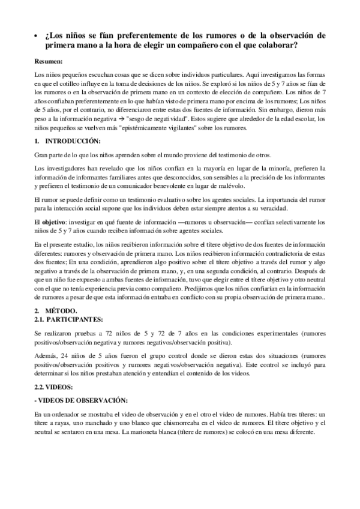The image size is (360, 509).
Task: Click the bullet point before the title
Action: [x=37, y=35]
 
